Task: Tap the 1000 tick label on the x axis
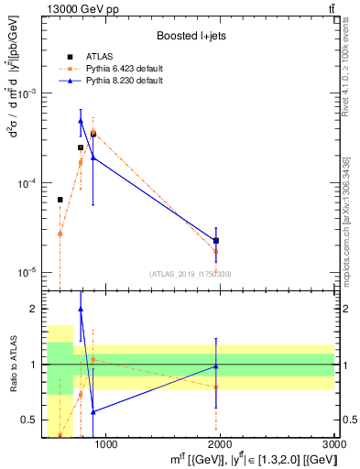[x=106, y=444]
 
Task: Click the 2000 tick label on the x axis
[x=221, y=444]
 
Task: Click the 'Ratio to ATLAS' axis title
[x=12, y=365]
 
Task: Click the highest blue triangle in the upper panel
[x=81, y=120]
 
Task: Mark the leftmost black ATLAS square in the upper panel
[x=60, y=200]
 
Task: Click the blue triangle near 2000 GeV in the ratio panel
[x=215, y=366]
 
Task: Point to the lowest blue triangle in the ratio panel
[x=93, y=412]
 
